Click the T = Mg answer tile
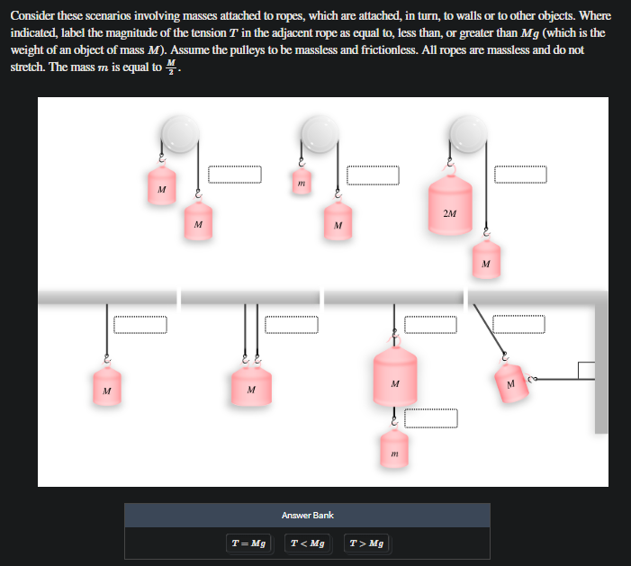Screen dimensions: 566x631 (248, 544)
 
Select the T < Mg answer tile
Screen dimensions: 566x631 (308, 544)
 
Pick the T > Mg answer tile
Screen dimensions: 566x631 (365, 544)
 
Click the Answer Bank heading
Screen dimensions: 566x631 (307, 515)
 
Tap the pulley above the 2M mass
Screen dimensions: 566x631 (467, 135)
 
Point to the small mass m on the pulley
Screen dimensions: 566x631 (302, 184)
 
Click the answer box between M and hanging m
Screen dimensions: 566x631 (431, 418)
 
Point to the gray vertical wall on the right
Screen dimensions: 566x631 (601, 369)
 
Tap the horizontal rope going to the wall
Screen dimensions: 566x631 (558, 379)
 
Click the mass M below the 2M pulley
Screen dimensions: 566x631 (486, 261)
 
